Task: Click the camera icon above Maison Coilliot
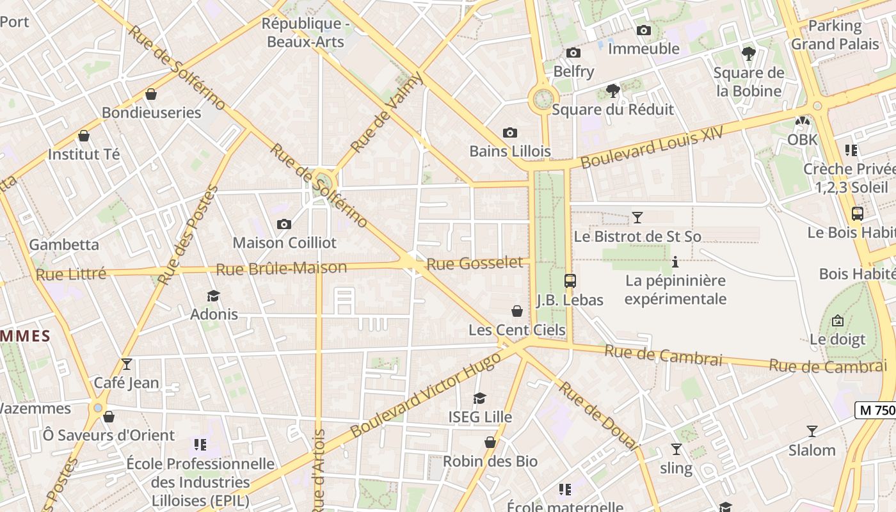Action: click(284, 224)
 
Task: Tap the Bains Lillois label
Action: click(510, 152)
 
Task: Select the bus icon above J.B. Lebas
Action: click(570, 280)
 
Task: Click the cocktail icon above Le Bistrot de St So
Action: click(637, 218)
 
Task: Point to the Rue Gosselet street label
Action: click(475, 263)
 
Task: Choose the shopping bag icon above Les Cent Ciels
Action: click(517, 311)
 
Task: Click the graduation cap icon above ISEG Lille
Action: click(480, 399)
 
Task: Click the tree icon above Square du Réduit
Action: click(612, 90)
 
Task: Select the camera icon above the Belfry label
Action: click(573, 52)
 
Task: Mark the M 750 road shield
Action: click(876, 411)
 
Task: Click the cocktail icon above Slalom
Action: click(812, 431)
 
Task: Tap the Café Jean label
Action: click(126, 383)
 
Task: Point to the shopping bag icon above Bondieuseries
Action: click(151, 94)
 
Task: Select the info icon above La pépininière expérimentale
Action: click(675, 262)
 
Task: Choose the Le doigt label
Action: click(837, 339)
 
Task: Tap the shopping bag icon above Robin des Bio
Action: click(490, 442)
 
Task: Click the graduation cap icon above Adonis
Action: click(213, 296)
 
